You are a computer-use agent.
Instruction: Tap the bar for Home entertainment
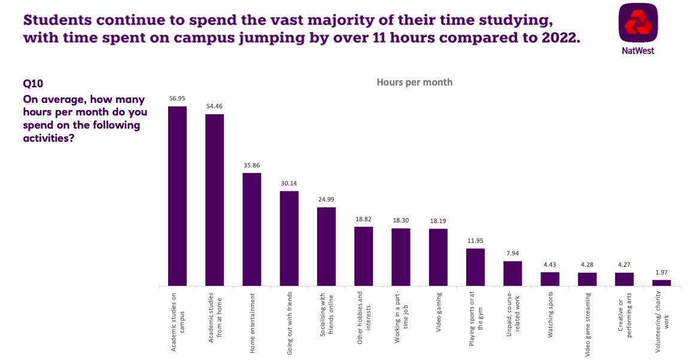251,230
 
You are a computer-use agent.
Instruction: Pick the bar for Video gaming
438,257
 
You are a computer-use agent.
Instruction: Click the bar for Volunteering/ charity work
661,283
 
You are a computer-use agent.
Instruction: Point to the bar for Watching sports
549,279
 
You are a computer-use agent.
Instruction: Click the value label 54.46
214,106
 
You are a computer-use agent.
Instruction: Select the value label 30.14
289,184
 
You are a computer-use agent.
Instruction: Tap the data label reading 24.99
326,200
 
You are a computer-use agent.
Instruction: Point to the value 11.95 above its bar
475,241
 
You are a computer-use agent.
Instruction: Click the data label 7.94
512,254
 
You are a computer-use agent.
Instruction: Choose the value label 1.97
661,273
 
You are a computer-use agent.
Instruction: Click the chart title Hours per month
414,82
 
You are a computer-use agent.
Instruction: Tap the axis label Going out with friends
289,324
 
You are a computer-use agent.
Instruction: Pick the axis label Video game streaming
587,325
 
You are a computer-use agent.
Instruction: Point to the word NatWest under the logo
639,51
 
